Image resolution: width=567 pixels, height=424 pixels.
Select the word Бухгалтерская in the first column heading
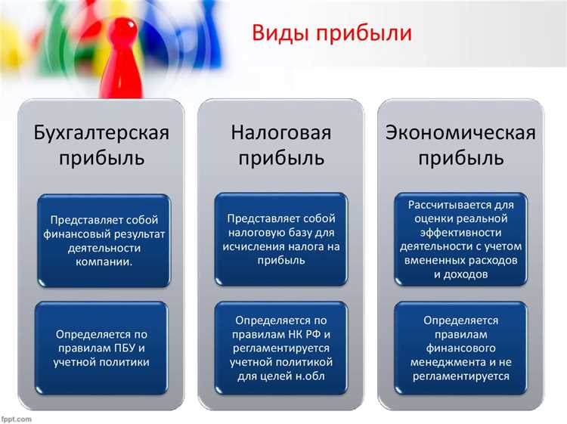pyautogui.click(x=101, y=134)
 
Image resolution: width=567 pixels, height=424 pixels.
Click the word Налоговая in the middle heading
pyautogui.click(x=281, y=134)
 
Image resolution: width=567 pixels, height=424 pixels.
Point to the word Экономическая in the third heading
pyautogui.click(x=460, y=134)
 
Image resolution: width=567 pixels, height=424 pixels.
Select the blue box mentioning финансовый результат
pyautogui.click(x=104, y=240)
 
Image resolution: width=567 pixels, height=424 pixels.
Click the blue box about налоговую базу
pyautogui.click(x=281, y=239)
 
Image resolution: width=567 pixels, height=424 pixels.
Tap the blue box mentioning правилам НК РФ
pyautogui.click(x=281, y=348)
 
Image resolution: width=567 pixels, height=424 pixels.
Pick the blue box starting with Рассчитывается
pyautogui.click(x=460, y=239)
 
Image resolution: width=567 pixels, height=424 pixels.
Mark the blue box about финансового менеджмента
pyautogui.click(x=460, y=348)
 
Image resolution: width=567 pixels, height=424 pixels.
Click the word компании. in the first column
pyautogui.click(x=104, y=261)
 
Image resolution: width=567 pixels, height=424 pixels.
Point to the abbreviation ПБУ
pyautogui.click(x=131, y=348)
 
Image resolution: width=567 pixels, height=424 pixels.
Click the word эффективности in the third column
pyautogui.click(x=460, y=232)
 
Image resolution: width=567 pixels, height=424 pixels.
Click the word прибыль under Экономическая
pyautogui.click(x=460, y=159)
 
